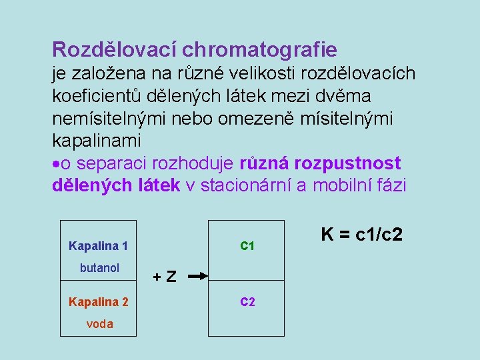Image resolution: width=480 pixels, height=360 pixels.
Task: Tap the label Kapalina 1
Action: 98,246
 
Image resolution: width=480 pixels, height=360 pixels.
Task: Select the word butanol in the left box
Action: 99,268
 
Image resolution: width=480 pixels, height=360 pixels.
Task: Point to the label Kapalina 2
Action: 98,302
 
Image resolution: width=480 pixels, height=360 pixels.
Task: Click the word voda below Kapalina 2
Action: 99,324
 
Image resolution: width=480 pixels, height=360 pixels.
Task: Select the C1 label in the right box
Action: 247,246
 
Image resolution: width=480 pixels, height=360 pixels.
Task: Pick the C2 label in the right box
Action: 247,302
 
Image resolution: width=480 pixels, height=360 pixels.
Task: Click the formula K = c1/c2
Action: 361,235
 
